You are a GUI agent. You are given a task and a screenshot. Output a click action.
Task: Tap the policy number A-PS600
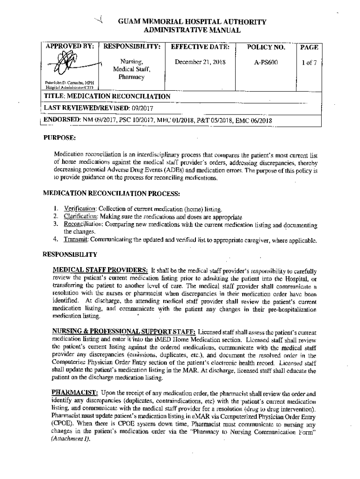pyautogui.click(x=266, y=62)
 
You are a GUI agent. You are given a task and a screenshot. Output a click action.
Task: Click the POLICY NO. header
pyautogui.click(x=266, y=47)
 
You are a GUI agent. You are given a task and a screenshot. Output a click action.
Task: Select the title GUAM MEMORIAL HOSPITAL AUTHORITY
pyautogui.click(x=192, y=22)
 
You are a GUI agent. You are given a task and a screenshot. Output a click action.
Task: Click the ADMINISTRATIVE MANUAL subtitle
pyautogui.click(x=192, y=30)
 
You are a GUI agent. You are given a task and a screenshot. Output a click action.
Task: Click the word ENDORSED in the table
pyautogui.click(x=61, y=120)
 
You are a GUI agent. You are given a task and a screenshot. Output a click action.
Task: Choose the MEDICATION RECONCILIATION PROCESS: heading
pyautogui.click(x=111, y=193)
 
